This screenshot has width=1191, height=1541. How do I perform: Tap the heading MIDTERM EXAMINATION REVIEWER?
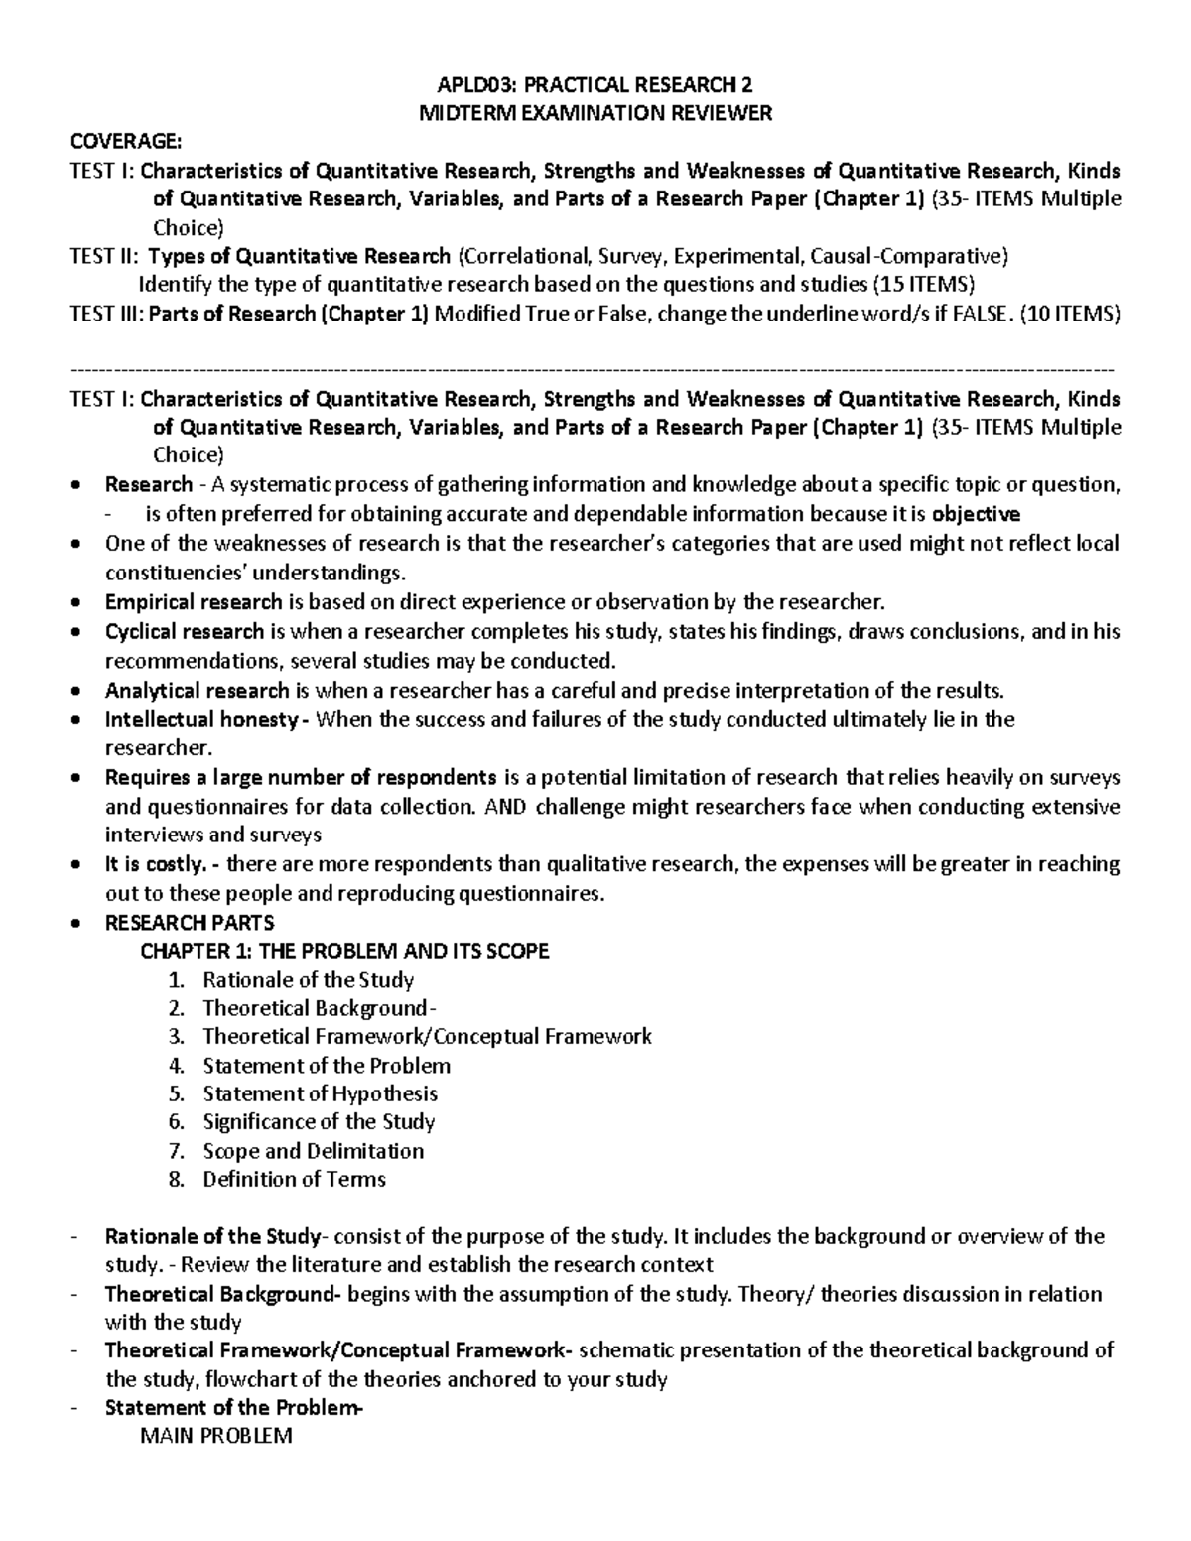pos(595,113)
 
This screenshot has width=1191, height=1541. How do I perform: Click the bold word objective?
pos(976,514)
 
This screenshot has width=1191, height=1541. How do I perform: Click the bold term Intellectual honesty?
pos(200,719)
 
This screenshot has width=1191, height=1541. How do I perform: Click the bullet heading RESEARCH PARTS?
pos(189,922)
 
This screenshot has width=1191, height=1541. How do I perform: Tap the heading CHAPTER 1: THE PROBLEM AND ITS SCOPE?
pos(344,951)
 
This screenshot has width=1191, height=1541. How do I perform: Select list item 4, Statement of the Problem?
pos(327,1066)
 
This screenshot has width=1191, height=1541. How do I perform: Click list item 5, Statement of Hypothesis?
pos(320,1093)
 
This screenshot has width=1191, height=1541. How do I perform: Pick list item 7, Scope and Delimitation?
pos(313,1151)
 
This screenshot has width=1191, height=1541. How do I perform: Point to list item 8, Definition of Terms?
pos(294,1180)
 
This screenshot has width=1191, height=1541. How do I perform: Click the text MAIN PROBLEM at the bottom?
pos(217,1436)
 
